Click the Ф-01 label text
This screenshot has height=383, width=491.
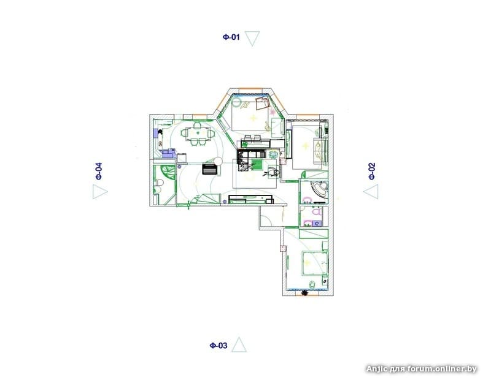231,37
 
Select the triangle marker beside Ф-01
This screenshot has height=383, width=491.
252,38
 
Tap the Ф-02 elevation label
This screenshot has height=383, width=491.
372,171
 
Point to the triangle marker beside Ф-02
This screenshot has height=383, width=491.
371,191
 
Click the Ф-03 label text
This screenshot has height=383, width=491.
218,346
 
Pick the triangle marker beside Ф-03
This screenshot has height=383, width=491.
239,344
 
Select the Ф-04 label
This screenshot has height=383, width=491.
99,171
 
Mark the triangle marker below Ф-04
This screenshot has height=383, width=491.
100,192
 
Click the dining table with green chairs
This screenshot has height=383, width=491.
198,134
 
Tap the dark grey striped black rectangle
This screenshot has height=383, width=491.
210,169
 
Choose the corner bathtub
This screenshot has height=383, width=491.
319,189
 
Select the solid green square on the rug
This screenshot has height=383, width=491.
258,164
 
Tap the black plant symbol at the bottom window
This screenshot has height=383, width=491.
303,293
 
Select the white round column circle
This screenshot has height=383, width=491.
218,161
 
